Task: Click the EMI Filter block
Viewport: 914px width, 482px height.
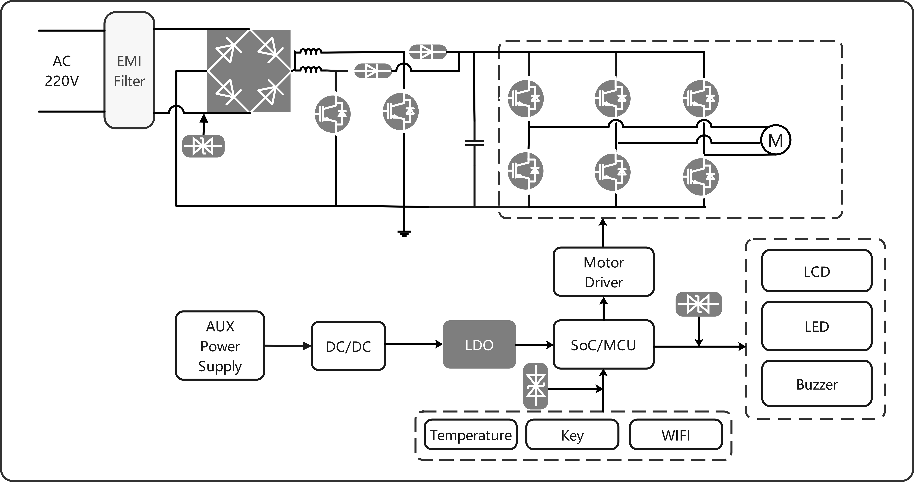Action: point(129,70)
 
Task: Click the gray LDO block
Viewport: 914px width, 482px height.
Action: point(479,344)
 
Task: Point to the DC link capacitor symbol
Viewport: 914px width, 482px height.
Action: point(474,143)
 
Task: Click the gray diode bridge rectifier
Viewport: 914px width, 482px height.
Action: point(249,71)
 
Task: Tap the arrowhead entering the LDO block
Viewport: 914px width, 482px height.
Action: point(439,344)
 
